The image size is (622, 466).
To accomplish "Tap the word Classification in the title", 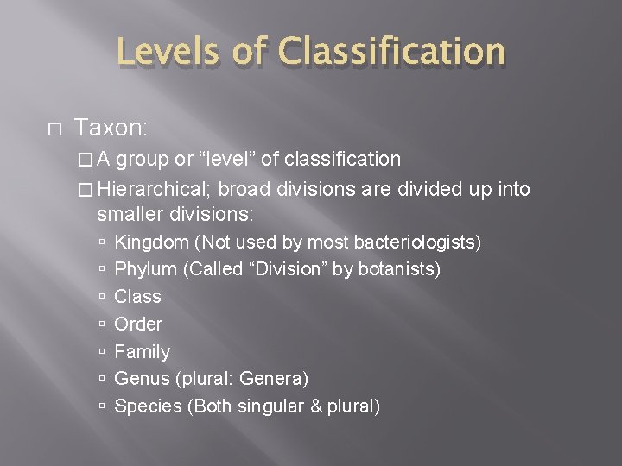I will pos(390,52).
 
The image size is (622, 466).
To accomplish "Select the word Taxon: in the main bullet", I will pos(112,129).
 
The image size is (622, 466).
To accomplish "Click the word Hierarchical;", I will pos(157,189).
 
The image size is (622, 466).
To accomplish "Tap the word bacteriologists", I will pos(419,242).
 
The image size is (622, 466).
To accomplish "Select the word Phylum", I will pos(146,269).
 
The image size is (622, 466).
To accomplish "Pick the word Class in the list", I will pos(137,296).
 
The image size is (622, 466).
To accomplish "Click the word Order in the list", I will pos(138,324).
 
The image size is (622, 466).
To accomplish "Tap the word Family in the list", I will pos(143,351).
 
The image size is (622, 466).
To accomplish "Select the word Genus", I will pos(142,379).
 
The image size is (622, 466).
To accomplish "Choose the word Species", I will pos(148,406).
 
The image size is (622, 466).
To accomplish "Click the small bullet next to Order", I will pos(103,324).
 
